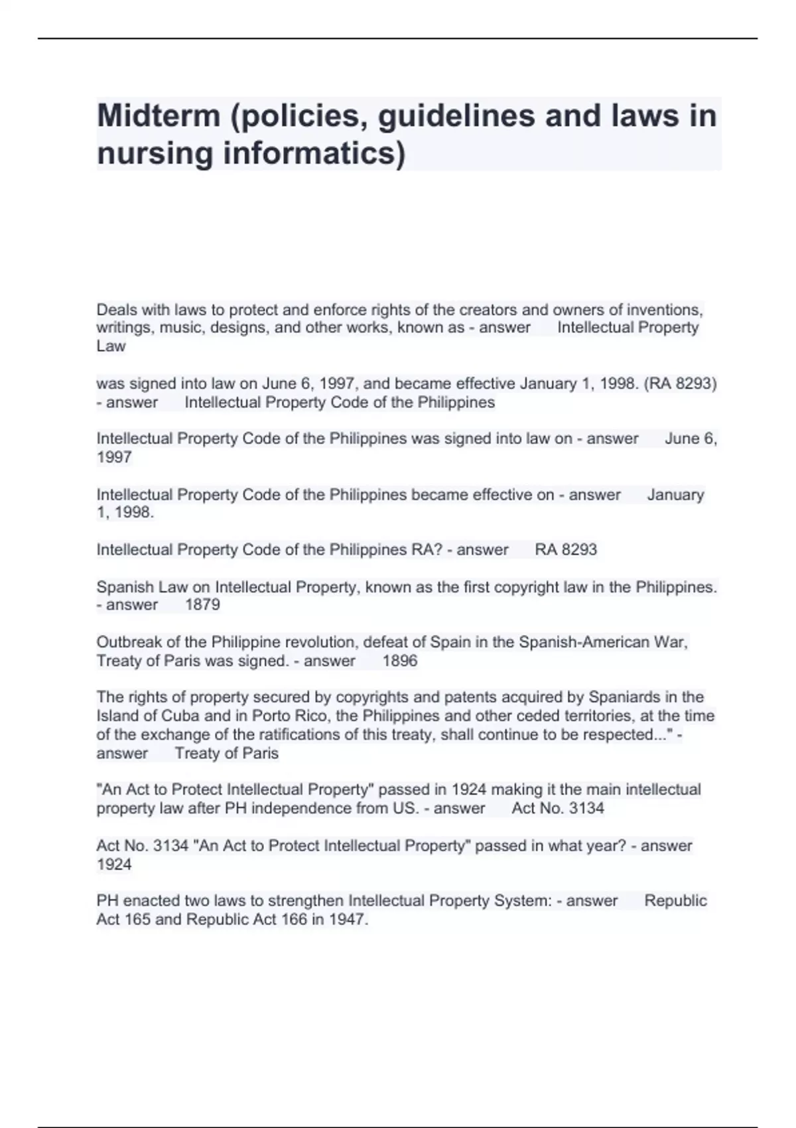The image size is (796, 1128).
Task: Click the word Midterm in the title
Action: click(x=159, y=115)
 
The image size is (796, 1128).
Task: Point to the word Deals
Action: click(x=114, y=309)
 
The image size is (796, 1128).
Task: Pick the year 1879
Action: click(x=202, y=604)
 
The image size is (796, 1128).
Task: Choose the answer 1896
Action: click(x=400, y=661)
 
